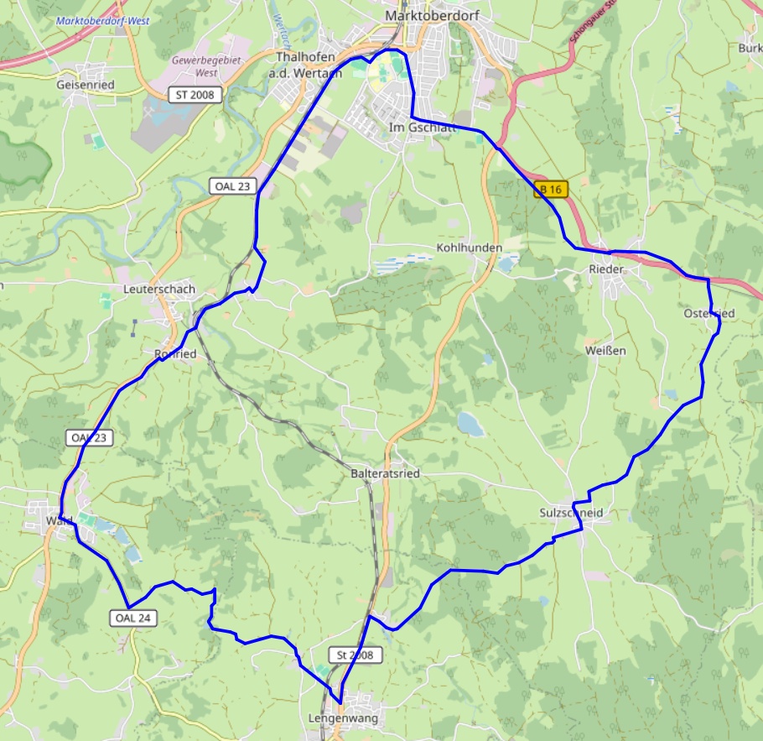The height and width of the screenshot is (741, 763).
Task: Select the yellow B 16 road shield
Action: click(x=551, y=190)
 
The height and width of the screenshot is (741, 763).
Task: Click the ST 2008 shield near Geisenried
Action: click(x=195, y=95)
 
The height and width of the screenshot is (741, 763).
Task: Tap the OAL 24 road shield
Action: click(x=134, y=618)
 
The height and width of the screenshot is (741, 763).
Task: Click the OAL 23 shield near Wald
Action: click(x=90, y=438)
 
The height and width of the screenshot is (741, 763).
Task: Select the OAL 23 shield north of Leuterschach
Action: click(x=232, y=186)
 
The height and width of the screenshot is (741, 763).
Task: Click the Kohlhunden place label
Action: click(x=469, y=248)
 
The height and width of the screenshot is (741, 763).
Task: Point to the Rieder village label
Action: click(x=606, y=269)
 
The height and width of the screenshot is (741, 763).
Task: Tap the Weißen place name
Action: click(x=605, y=350)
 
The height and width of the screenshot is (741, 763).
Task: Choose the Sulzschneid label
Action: click(x=572, y=513)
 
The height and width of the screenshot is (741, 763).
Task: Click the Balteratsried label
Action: click(x=385, y=474)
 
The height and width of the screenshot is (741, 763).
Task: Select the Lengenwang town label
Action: click(x=343, y=718)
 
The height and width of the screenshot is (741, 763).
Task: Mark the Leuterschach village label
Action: click(x=158, y=289)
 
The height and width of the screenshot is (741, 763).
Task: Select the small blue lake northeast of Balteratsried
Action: click(x=470, y=424)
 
